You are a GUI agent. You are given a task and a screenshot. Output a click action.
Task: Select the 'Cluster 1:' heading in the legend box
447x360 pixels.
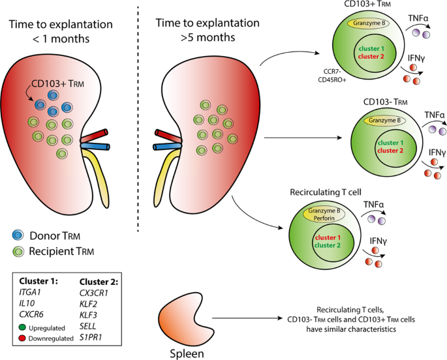pyautogui.click(x=39, y=283)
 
